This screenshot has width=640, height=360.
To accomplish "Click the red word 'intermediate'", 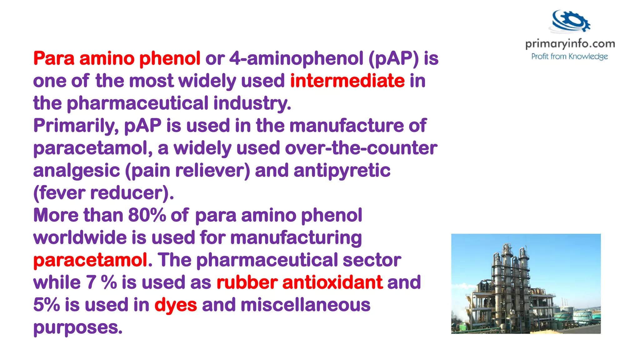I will tap(347, 81).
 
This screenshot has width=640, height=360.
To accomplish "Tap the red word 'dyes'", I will tap(176, 305).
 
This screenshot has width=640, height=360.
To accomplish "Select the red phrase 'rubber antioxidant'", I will tap(299, 282).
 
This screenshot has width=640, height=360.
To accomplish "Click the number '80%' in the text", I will tap(147, 215).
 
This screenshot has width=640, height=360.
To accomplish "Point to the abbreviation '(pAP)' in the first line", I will tap(393, 58).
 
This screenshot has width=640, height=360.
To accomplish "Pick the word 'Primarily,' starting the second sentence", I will tap(76, 126).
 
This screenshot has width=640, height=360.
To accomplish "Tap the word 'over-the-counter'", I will tap(361, 148).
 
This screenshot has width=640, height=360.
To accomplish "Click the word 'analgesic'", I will tap(77, 171).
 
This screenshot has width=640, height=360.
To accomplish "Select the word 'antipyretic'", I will tap(342, 171).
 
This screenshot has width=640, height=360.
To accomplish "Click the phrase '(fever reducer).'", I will tap(103, 193).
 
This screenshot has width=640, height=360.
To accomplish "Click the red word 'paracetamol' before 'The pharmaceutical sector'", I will tap(90, 260).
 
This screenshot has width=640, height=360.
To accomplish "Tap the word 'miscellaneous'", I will tap(305, 305).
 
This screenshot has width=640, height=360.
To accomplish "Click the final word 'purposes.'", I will tap(78, 327).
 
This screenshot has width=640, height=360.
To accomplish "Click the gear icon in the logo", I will tap(571, 21).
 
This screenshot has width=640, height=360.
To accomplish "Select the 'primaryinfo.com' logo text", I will tap(570, 44).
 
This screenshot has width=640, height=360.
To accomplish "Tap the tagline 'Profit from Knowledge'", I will tap(569, 57).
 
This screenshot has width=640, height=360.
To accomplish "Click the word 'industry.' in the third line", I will tap(252, 103).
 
